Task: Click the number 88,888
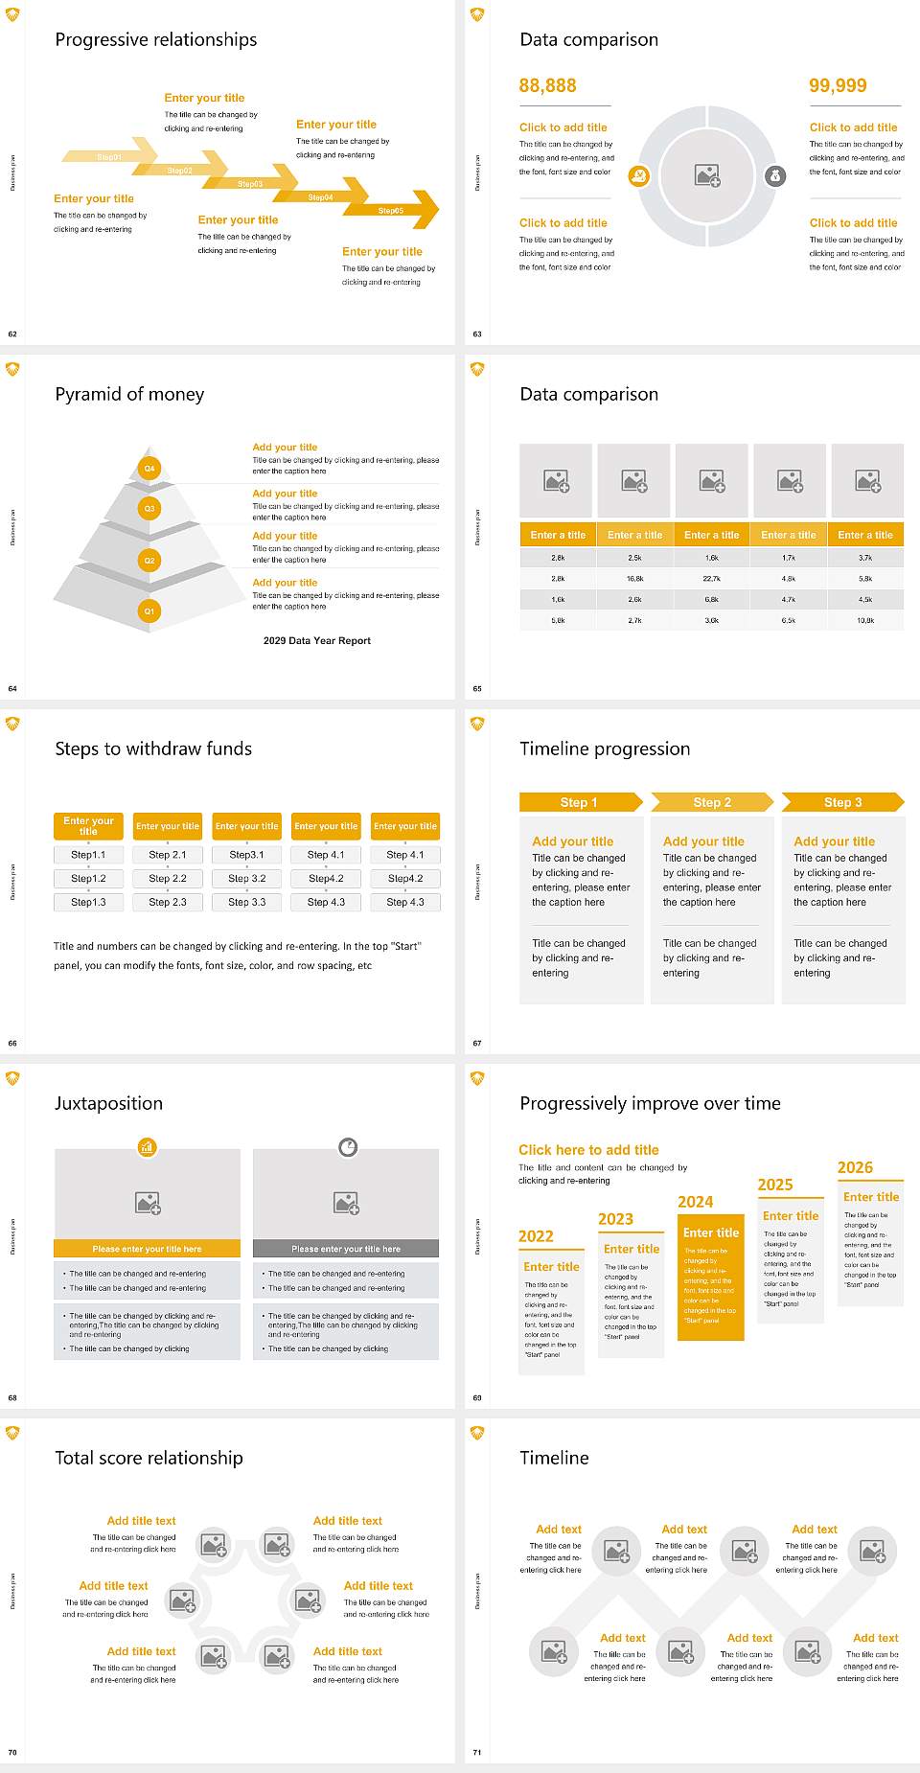pyautogui.click(x=547, y=86)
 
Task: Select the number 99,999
pyautogui.click(x=838, y=86)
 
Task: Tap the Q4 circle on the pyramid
pyautogui.click(x=149, y=469)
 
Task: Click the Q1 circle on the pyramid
pyautogui.click(x=149, y=610)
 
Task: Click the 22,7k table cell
pyautogui.click(x=712, y=579)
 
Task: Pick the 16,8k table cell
pyautogui.click(x=634, y=579)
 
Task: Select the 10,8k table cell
pyautogui.click(x=865, y=621)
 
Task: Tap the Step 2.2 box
pyautogui.click(x=168, y=878)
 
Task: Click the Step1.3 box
pyautogui.click(x=88, y=902)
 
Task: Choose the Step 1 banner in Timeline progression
pyautogui.click(x=579, y=802)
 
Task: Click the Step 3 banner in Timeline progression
pyautogui.click(x=842, y=802)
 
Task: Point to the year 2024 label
pyautogui.click(x=696, y=1202)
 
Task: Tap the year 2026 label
pyautogui.click(x=855, y=1167)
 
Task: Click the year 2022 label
pyautogui.click(x=536, y=1236)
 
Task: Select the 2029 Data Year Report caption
pyautogui.click(x=317, y=641)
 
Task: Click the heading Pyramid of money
pyautogui.click(x=129, y=395)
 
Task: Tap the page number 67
pyautogui.click(x=477, y=1044)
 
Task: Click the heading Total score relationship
pyautogui.click(x=149, y=1459)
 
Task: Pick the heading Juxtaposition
pyautogui.click(x=108, y=1104)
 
